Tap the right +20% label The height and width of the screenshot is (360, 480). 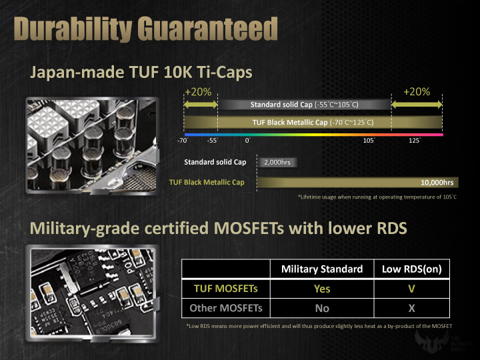tap(417, 92)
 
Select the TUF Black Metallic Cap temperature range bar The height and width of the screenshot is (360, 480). tap(312, 123)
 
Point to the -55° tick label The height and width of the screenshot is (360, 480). tap(213, 141)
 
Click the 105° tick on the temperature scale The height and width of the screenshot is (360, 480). tap(368, 141)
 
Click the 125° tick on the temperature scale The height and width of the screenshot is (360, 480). tap(415, 141)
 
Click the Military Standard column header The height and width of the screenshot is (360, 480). tap(323, 269)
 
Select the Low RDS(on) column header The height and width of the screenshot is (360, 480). tap(412, 269)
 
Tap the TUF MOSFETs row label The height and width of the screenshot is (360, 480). tap(222, 289)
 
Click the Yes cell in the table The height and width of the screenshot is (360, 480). tap(322, 289)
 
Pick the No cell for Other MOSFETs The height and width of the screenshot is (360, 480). tap(322, 309)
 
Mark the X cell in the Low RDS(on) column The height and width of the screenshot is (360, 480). tap(412, 309)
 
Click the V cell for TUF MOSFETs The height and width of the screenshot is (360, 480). tap(412, 289)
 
